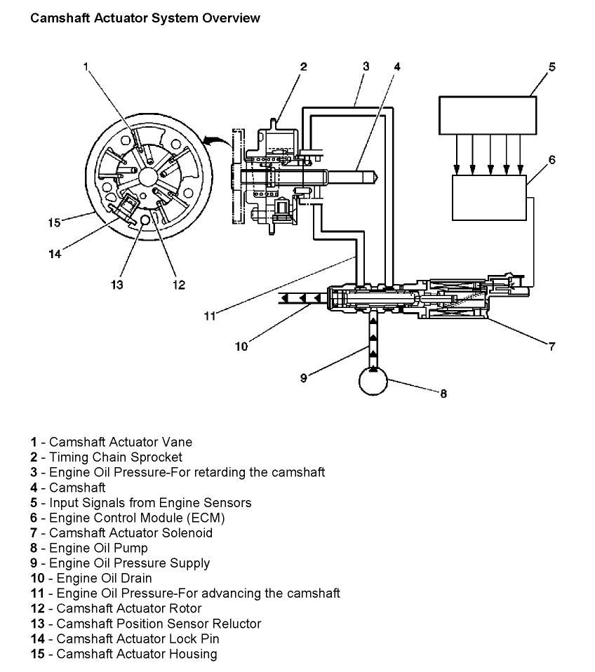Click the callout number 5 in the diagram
coord(551,67)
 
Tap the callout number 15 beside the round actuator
coord(55,222)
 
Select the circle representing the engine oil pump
coord(373,381)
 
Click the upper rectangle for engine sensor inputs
coord(488,115)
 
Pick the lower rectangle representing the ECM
coord(489,198)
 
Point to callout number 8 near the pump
coord(443,394)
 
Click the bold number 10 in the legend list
coord(38,578)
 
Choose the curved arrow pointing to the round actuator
coord(218,142)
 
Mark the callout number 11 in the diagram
coord(210,316)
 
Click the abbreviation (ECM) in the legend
coord(206,518)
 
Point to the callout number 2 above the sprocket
coord(304,67)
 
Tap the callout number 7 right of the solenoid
coord(551,347)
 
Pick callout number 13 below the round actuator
coord(117,285)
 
